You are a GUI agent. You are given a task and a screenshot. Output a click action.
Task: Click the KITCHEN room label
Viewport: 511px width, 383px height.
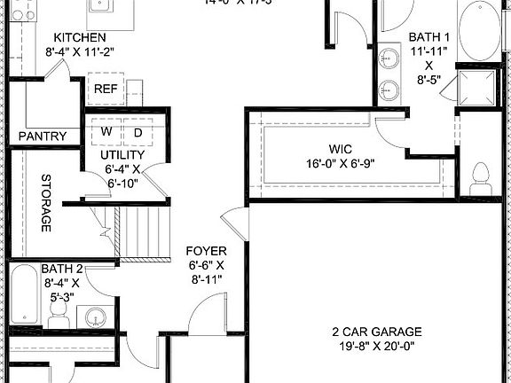(x=80, y=37)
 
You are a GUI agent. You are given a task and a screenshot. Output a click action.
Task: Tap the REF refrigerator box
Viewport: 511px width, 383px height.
(x=106, y=89)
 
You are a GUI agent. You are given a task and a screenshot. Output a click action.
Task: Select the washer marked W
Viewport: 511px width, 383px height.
(x=106, y=131)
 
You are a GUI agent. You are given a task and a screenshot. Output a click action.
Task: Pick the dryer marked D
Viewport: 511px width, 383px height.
(x=138, y=131)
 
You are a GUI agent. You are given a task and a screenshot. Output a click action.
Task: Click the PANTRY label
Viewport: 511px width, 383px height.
(x=43, y=136)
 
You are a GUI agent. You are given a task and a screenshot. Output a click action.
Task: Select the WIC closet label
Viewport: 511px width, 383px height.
(x=342, y=149)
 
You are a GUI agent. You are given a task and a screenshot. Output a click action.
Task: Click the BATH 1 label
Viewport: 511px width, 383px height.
(x=429, y=37)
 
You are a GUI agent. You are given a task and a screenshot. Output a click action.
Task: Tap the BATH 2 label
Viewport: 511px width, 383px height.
(x=62, y=269)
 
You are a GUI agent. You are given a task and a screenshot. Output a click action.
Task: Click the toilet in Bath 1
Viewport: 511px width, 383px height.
(x=483, y=179)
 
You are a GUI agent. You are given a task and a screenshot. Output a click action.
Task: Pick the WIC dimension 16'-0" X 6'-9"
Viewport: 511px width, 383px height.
(x=342, y=163)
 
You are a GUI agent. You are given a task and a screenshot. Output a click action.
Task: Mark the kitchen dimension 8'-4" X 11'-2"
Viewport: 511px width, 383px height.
(x=80, y=51)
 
